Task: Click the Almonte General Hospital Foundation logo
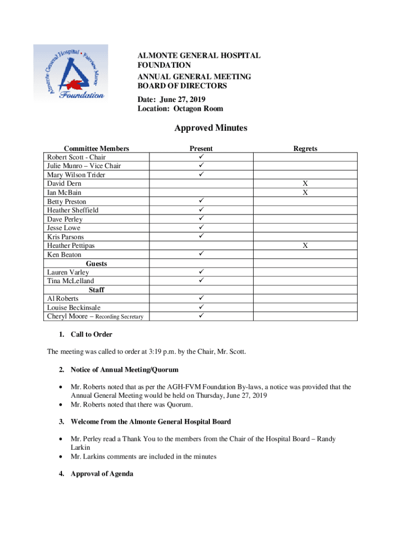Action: tap(71, 73)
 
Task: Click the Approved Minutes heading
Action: tap(211, 128)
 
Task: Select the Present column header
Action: tap(201, 148)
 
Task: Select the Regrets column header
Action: tap(305, 148)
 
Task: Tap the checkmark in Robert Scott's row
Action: tap(201, 157)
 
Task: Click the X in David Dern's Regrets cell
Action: tap(305, 184)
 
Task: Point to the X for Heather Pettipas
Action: tap(305, 246)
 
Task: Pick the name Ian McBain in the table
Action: tap(64, 193)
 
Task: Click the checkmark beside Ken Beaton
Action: tap(201, 255)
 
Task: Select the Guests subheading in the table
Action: tap(96, 263)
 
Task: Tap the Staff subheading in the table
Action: tap(96, 290)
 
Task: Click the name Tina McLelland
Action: tap(70, 281)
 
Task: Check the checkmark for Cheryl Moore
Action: tap(201, 316)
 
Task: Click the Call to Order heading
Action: tap(91, 334)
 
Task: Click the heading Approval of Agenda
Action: tap(102, 474)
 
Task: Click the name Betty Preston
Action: tap(67, 201)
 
